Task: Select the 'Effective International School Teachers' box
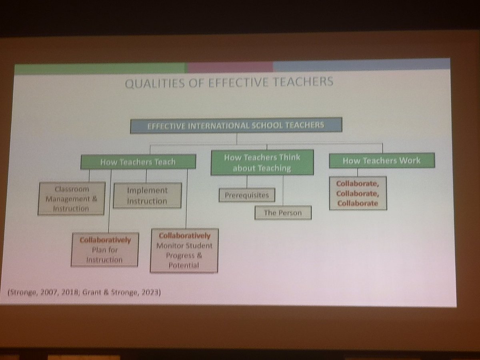[x=236, y=125]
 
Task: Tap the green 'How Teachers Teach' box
[x=138, y=162]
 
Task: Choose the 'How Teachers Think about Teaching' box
[x=262, y=163]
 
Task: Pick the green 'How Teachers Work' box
[x=381, y=161]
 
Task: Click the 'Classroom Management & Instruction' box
[x=72, y=198]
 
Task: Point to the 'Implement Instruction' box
[x=147, y=196]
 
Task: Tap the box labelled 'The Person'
[x=282, y=213]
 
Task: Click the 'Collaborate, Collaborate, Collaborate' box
[x=358, y=193]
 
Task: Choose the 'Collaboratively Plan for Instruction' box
[x=105, y=250]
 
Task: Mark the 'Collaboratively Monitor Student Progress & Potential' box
[x=184, y=250]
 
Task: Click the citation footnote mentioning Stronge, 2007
[x=84, y=292]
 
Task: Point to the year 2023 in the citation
[x=151, y=292]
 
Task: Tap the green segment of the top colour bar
[x=100, y=68]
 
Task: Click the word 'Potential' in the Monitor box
[x=184, y=265]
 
